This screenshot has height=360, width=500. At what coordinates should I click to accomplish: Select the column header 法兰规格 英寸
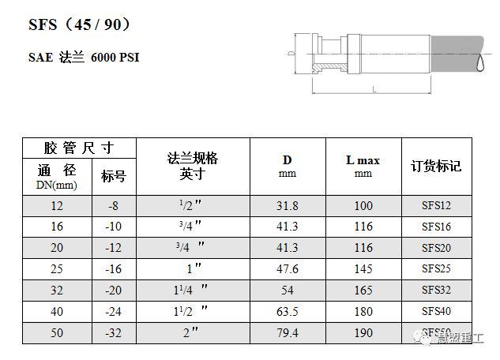193,166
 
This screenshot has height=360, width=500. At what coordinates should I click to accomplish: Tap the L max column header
363,165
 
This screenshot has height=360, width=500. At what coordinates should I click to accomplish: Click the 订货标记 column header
436,166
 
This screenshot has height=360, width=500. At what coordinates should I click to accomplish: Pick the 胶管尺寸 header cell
79,148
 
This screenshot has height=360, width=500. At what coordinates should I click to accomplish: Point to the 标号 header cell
114,176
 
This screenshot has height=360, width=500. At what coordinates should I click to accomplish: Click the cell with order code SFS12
436,206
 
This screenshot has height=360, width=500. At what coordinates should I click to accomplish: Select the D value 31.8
288,206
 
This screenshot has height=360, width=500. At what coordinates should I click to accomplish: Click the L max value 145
363,269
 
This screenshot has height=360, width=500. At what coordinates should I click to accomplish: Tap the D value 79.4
288,333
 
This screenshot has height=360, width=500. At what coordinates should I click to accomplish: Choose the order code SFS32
436,291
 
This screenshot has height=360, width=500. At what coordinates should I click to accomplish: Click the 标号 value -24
114,312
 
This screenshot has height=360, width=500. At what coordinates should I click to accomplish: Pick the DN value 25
57,269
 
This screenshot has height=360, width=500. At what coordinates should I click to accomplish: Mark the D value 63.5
288,312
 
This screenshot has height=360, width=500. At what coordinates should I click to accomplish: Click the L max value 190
363,333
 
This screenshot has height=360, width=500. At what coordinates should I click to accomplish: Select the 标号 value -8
114,206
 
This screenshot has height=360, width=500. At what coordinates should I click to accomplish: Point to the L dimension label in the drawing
374,89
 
